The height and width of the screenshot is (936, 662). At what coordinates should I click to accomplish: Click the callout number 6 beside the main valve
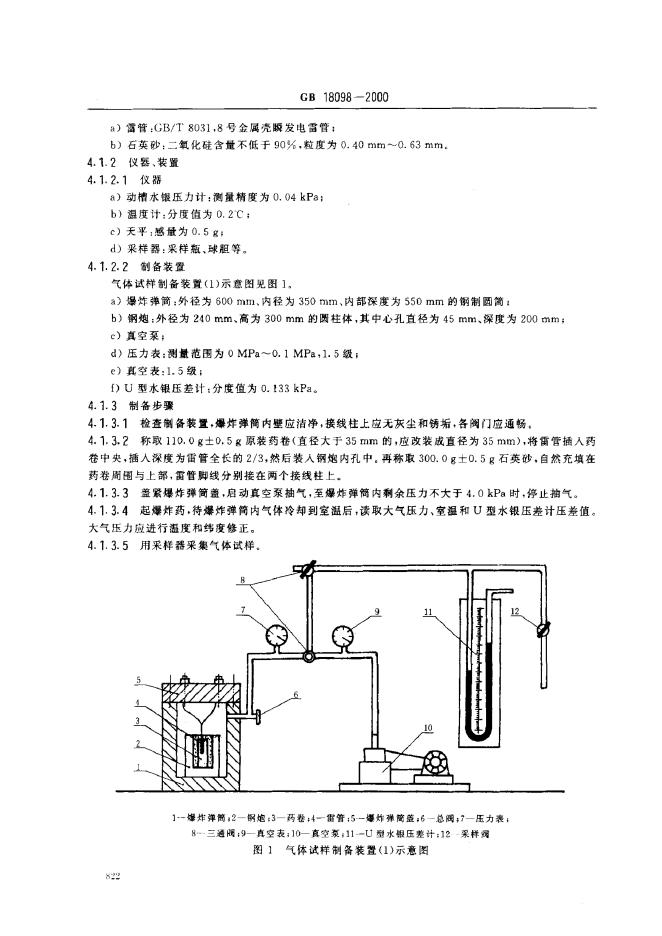pyautogui.click(x=297, y=694)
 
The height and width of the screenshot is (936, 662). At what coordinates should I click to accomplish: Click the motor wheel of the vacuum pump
pyautogui.click(x=433, y=762)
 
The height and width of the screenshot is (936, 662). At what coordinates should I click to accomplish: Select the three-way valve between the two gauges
pyautogui.click(x=307, y=657)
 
